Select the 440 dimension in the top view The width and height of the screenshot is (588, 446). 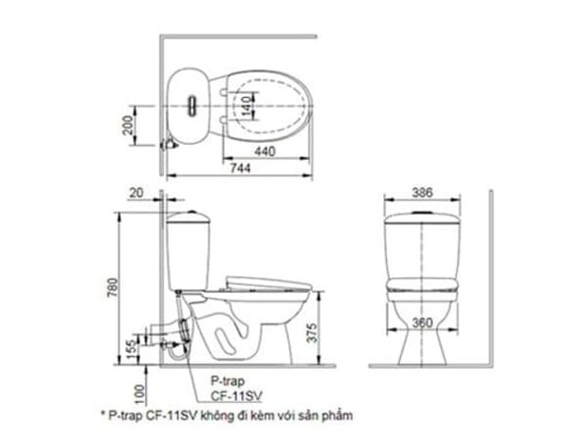[264, 151]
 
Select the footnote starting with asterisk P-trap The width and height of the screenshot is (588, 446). [225, 415]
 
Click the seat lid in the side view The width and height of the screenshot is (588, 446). [269, 281]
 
